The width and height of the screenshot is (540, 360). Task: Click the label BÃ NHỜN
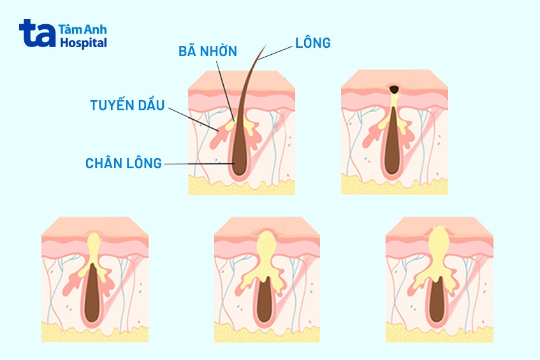[207, 52]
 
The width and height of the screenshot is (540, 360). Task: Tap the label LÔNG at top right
[312, 43]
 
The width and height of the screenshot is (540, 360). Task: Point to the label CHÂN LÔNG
[124, 163]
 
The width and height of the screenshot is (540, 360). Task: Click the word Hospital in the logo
[83, 43]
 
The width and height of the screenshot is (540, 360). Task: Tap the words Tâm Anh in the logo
[82, 29]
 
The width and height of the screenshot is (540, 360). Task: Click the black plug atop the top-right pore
[395, 89]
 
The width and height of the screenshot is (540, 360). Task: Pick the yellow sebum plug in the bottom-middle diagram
[266, 245]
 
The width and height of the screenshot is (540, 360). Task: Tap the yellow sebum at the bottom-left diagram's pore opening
[94, 243]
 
